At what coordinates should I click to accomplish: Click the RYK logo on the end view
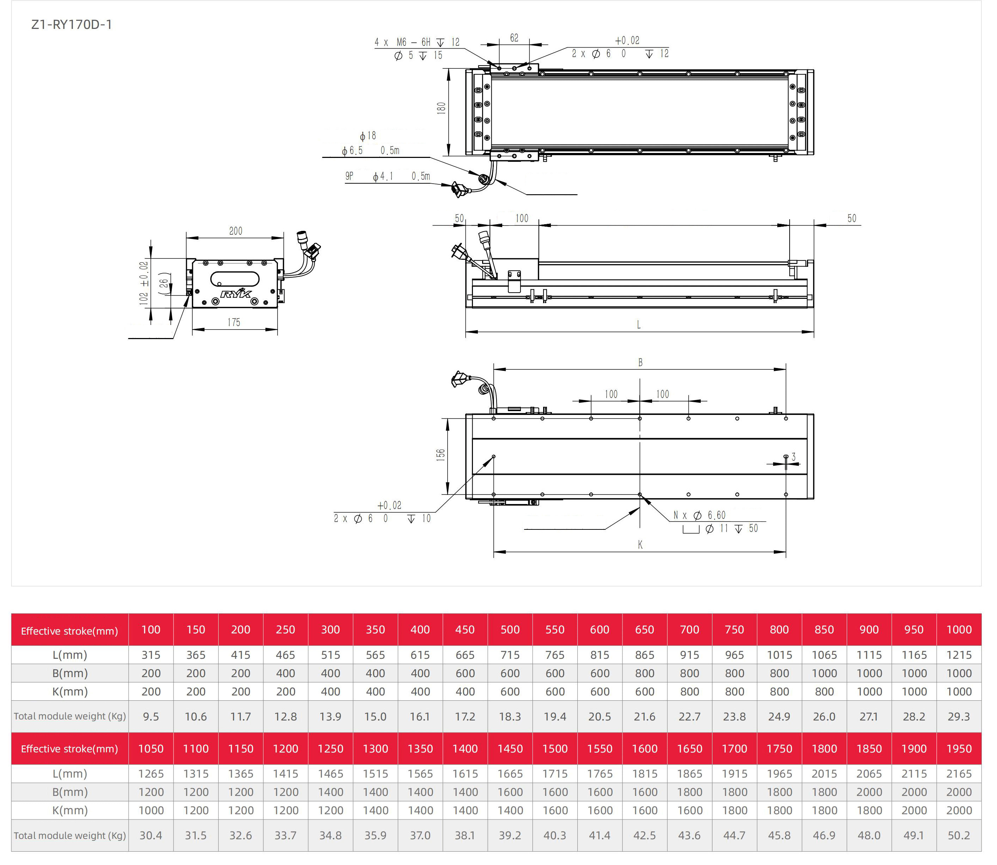point(236,293)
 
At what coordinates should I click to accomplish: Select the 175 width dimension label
point(234,322)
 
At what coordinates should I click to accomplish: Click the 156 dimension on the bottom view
point(440,455)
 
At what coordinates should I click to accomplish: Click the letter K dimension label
point(640,545)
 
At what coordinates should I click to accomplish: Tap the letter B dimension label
point(640,362)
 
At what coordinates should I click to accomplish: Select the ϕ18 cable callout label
point(368,136)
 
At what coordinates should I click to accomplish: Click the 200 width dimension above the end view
point(236,231)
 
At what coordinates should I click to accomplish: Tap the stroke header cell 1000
point(959,630)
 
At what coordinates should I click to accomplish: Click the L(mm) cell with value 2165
point(959,774)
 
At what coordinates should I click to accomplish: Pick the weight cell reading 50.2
point(959,835)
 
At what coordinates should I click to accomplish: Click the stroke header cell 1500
point(555,749)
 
